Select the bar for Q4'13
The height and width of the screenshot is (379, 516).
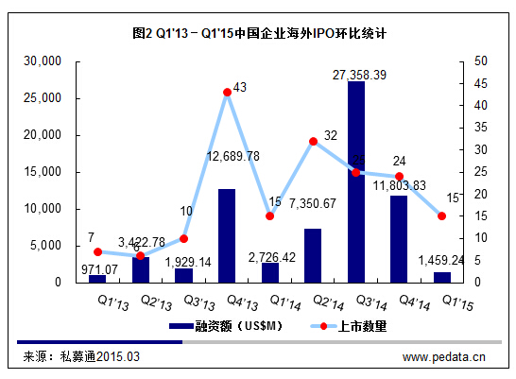[x=227, y=236]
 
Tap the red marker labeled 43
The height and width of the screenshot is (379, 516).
[x=227, y=92]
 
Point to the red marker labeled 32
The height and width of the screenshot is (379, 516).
[x=313, y=141]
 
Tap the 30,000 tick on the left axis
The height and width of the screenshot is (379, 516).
[x=42, y=61]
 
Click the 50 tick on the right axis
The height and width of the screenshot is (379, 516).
[x=470, y=61]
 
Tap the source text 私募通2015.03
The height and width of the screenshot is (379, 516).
[x=99, y=356]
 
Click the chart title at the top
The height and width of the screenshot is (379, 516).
[x=259, y=32]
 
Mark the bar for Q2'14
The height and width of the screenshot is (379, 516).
[x=313, y=256]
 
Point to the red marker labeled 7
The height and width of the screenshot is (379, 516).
[x=97, y=251]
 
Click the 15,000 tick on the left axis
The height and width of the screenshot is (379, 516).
[x=42, y=172]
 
